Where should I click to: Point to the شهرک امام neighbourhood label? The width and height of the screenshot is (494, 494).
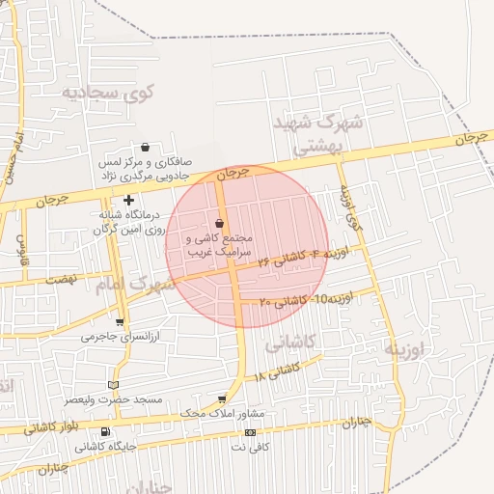136,285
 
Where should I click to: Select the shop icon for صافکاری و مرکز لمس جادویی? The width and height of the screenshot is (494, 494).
145,148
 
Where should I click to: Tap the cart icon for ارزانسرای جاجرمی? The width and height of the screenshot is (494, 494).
119,322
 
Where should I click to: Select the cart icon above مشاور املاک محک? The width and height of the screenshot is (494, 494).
223,398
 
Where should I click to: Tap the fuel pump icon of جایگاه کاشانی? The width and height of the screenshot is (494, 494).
105,431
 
